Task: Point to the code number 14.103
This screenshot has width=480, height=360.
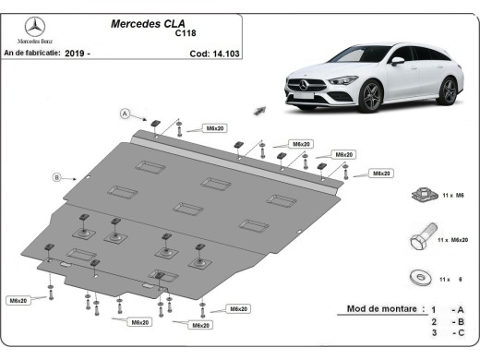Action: (210, 54)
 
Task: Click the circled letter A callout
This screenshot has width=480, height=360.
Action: (123, 114)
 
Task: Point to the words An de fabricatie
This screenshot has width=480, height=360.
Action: (31, 54)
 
